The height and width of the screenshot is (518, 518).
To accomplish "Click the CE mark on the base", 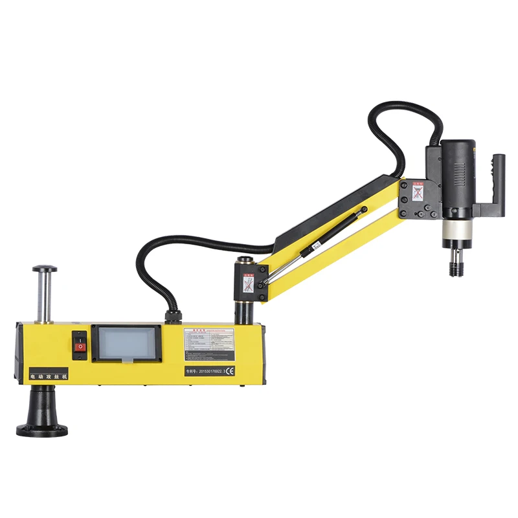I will coord(229,371).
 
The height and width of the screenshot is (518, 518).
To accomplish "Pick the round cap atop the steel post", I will coord(45,269).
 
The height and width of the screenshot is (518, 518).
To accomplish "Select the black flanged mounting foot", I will coord(43,414).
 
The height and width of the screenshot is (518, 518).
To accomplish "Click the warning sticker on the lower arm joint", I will coord(247,284).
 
